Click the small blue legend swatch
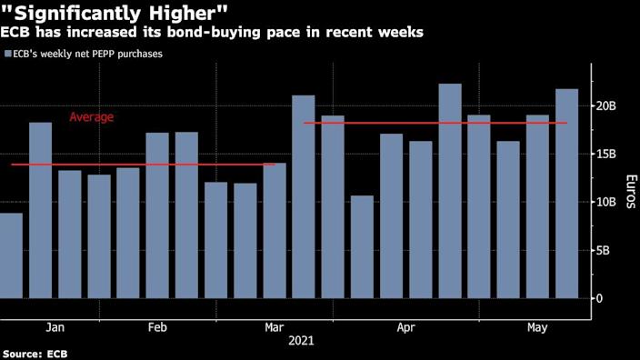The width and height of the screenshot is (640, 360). tap(7, 55)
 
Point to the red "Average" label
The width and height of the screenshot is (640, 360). tap(92, 117)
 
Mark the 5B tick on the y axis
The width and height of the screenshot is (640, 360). tap(605, 250)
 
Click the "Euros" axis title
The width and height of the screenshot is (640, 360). tap(627, 191)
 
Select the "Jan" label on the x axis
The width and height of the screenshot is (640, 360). tap(55, 326)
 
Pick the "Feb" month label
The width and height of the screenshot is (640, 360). tap(156, 326)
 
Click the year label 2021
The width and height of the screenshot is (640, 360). tap(303, 341)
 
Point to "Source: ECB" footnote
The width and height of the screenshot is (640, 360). tap(36, 353)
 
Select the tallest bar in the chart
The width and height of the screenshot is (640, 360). tap(450, 191)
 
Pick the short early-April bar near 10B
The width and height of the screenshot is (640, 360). tap(362, 246)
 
